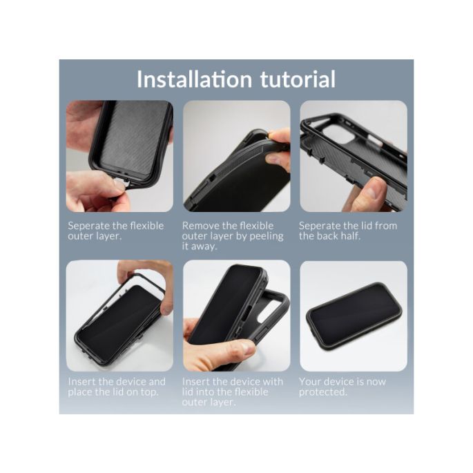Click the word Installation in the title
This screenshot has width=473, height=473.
194,79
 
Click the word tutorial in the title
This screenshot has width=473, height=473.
298,79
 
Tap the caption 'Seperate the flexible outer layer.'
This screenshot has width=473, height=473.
115,231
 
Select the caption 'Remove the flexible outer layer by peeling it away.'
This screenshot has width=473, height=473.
233,236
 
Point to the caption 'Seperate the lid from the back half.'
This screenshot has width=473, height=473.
348,231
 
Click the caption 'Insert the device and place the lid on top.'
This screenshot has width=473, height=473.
117,387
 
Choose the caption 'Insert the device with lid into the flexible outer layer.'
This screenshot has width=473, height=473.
233,392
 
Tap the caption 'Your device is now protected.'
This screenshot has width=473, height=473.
342,387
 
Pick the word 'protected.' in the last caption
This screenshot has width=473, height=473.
322,392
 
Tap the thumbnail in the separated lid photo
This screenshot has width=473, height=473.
371,191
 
